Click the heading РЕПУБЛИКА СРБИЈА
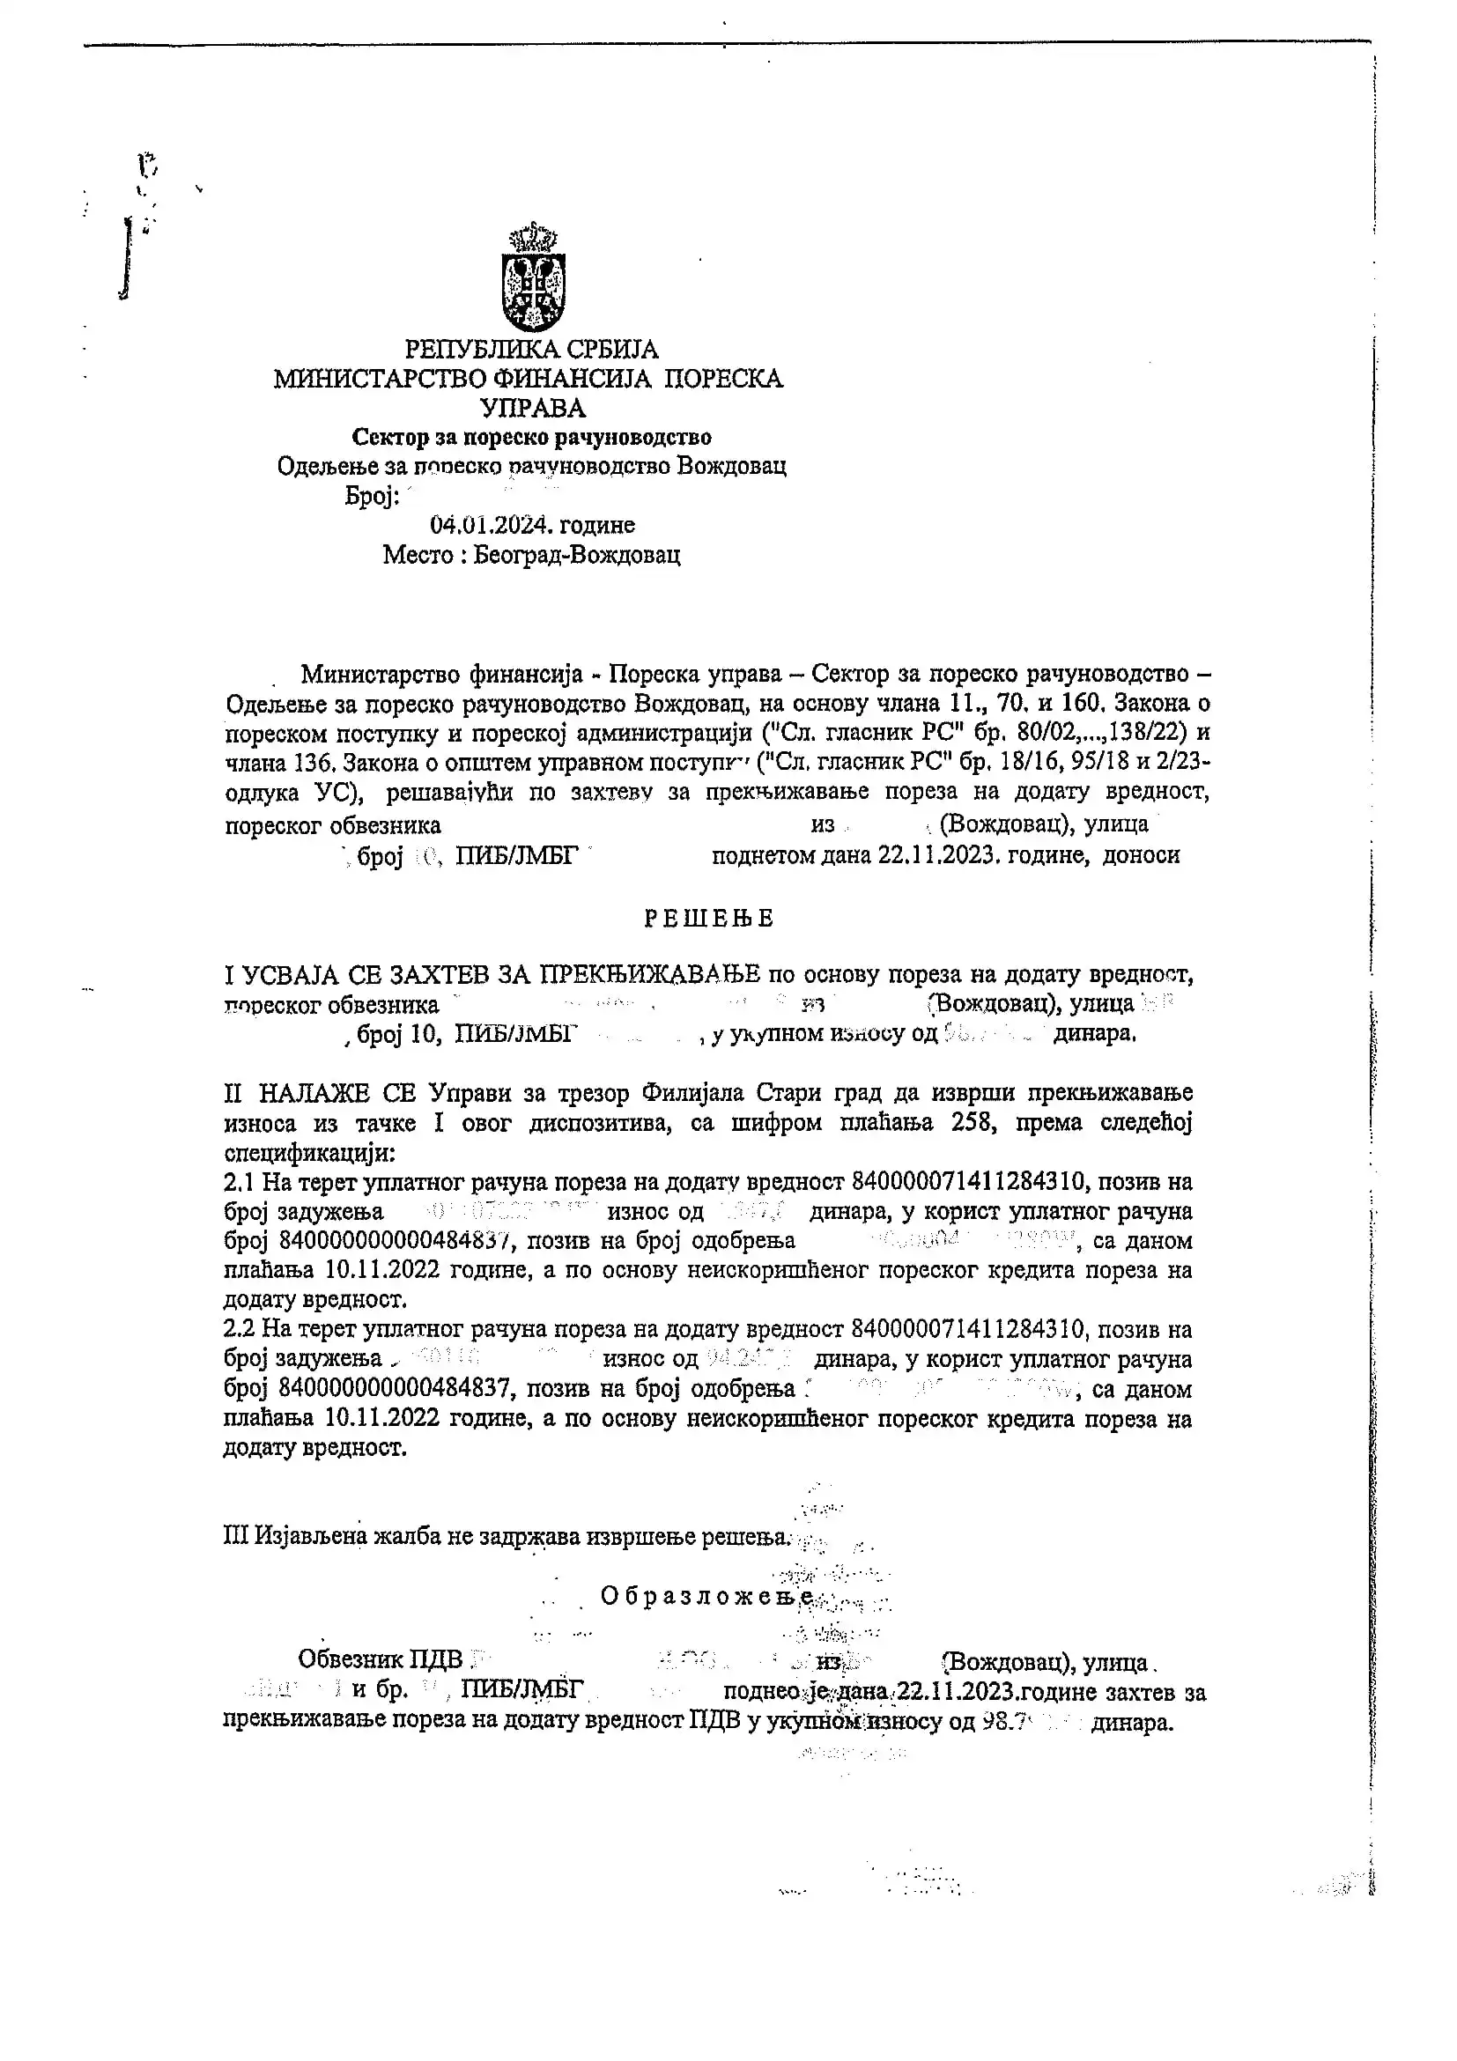[531, 349]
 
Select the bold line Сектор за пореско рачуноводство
[531, 437]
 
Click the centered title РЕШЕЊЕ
[709, 919]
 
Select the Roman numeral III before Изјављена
[237, 1536]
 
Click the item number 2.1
[240, 1182]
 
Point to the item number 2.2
[240, 1329]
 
